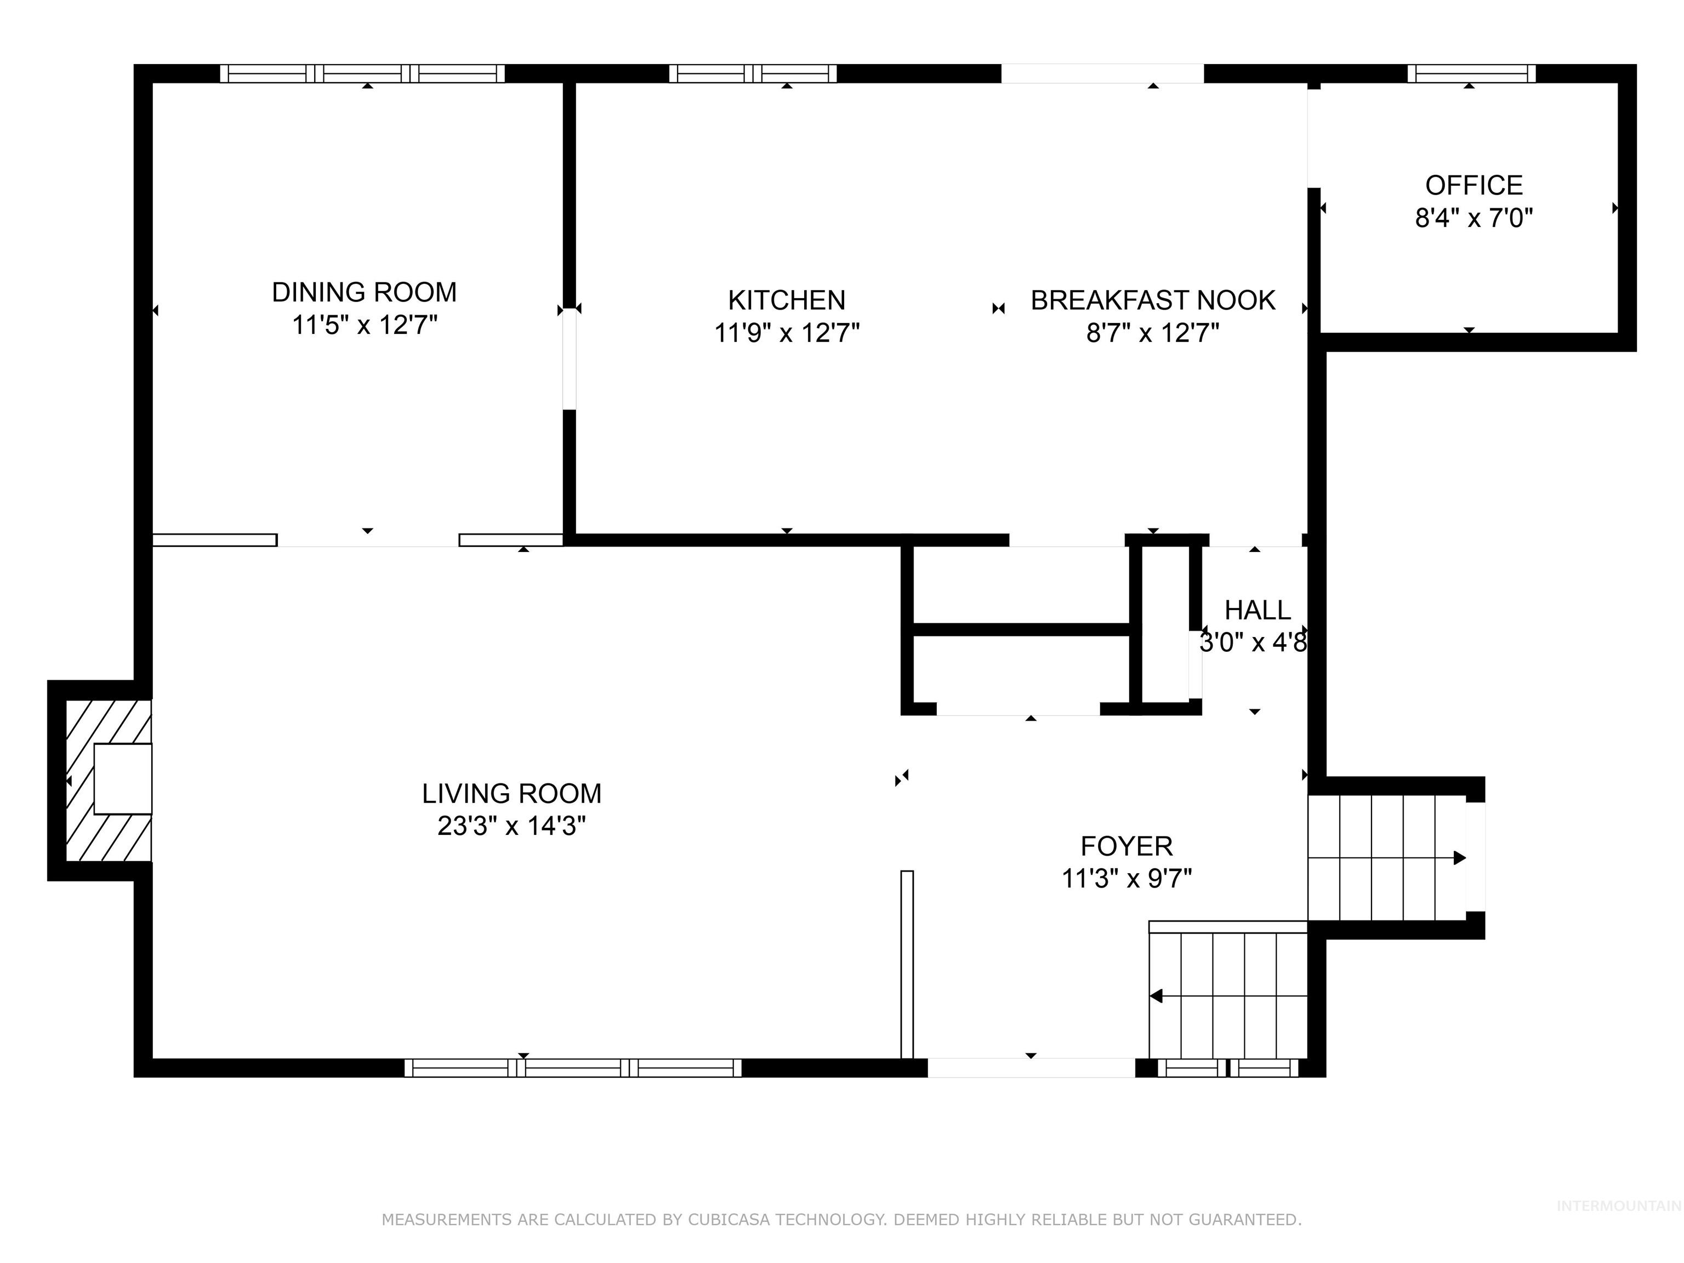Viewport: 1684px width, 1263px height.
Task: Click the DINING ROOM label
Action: (365, 292)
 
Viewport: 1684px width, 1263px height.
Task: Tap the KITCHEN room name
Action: (787, 301)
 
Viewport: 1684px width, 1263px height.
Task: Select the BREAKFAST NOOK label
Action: (1153, 301)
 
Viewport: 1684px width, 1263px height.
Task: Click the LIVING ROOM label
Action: (511, 794)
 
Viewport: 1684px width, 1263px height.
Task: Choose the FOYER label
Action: (1127, 846)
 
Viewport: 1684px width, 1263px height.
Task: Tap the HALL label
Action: (1258, 611)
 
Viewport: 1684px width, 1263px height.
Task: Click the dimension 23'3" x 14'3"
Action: (511, 826)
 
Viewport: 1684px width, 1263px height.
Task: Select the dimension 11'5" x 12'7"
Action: (365, 326)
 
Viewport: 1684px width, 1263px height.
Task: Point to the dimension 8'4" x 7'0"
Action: (1474, 219)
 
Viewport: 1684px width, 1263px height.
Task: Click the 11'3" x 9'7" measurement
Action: (1127, 879)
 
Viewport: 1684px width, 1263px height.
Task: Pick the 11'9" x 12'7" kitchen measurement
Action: (787, 333)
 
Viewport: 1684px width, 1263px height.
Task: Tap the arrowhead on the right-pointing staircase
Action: (1459, 858)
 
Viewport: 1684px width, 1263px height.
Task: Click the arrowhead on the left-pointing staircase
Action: (1156, 996)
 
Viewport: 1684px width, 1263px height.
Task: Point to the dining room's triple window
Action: (362, 74)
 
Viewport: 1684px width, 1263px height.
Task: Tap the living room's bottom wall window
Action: (572, 1068)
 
